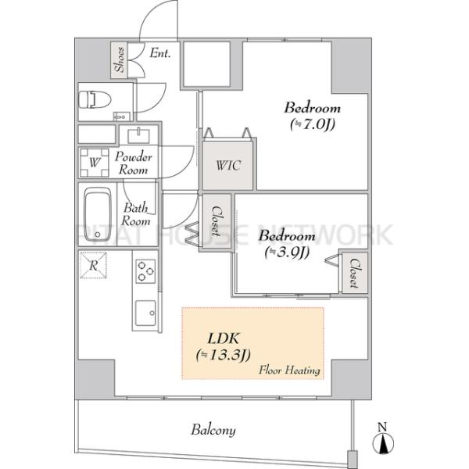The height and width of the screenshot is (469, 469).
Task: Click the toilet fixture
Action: pos(95,99)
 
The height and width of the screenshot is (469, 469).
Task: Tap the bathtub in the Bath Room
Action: pos(98,214)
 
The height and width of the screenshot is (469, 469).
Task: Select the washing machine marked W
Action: pos(95,163)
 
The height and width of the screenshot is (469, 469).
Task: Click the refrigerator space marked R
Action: pos(93,265)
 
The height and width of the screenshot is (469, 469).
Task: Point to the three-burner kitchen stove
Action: pos(145,271)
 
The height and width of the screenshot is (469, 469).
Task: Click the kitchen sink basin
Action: pos(145,313)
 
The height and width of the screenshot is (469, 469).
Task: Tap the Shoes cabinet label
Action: pos(120,59)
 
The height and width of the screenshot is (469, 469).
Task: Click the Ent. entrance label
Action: pos(160,53)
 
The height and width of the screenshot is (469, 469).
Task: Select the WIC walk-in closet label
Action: pos(228,165)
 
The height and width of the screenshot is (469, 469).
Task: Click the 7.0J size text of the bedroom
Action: pos(312,124)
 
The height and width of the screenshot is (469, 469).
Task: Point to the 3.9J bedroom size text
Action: pos(287,252)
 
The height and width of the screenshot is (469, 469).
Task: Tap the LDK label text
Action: pos(224,339)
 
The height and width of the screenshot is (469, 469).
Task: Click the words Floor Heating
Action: pos(289,371)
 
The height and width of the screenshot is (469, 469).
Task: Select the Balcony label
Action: pos(213,430)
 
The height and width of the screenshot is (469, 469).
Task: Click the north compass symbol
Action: pos(383,439)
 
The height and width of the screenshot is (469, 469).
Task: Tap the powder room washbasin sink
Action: pos(139,136)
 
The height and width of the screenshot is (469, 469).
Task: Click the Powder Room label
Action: pos(134,163)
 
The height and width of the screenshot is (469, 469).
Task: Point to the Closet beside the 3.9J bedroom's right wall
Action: pos(355,273)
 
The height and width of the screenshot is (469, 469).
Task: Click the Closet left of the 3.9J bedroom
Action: pos(217,220)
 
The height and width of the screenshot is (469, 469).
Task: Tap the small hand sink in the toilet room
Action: pos(121,116)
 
